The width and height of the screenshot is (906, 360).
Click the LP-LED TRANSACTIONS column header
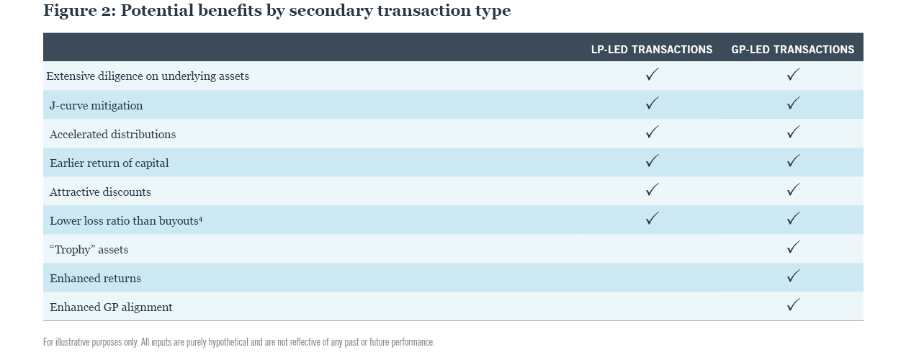pyautogui.click(x=651, y=50)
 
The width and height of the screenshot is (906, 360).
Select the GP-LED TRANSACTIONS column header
pyautogui.click(x=792, y=50)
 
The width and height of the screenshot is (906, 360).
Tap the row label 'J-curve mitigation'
pyautogui.click(x=96, y=106)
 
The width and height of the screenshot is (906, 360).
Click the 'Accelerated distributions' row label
pyautogui.click(x=112, y=135)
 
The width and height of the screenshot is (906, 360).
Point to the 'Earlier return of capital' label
pyautogui.click(x=109, y=163)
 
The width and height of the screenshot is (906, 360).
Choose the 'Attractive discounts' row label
pyautogui.click(x=100, y=192)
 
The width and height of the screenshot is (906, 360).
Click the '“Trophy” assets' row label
pyautogui.click(x=89, y=250)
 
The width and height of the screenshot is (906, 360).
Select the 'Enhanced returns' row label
pyautogui.click(x=95, y=279)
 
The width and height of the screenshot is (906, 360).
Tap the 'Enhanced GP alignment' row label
pyautogui.click(x=111, y=307)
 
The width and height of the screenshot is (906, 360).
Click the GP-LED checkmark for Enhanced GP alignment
pyautogui.click(x=793, y=305)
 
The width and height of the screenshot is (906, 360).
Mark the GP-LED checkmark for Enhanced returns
pyautogui.click(x=793, y=276)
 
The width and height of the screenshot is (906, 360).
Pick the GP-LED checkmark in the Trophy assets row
pyautogui.click(x=793, y=247)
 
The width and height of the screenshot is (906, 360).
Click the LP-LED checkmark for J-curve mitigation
pyautogui.click(x=652, y=103)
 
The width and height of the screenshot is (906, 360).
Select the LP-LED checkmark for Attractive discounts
pyautogui.click(x=652, y=189)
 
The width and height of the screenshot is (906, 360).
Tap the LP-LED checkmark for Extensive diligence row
pyautogui.click(x=652, y=74)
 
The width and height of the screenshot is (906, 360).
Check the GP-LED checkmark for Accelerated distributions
pyautogui.click(x=793, y=132)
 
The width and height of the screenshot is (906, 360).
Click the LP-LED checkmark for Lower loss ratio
pyautogui.click(x=652, y=218)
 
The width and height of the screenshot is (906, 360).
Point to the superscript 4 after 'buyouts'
pyautogui.click(x=200, y=219)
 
